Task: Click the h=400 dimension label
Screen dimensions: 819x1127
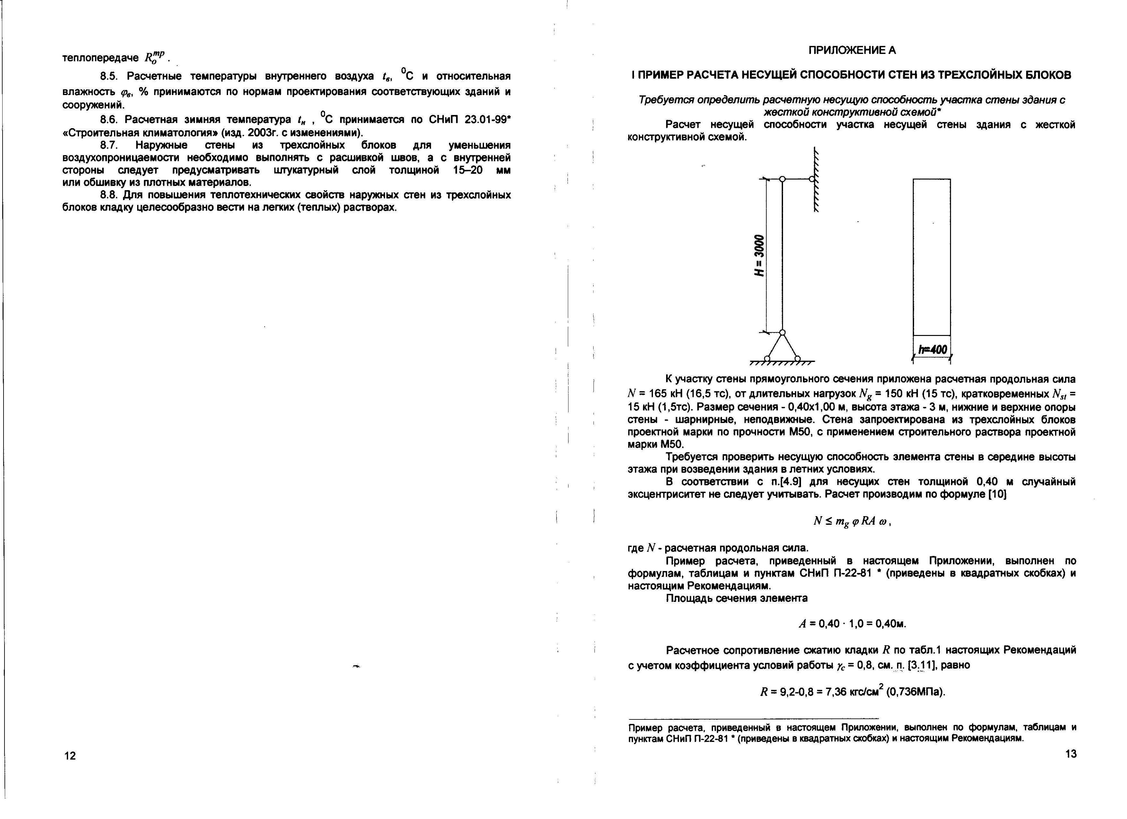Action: pyautogui.click(x=932, y=350)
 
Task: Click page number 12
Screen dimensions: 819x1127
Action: pyautogui.click(x=70, y=756)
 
